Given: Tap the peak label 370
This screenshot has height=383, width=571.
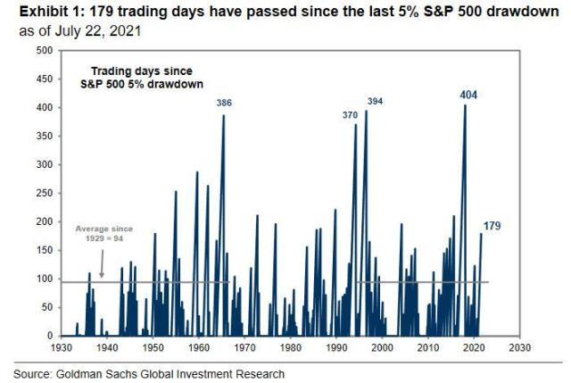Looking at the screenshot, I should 352,115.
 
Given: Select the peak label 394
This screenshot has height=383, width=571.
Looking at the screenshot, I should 375,102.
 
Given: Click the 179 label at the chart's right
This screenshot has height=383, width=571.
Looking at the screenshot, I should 492,226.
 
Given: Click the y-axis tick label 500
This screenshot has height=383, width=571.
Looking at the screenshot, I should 44,51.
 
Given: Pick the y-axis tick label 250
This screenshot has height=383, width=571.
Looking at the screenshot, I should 44,193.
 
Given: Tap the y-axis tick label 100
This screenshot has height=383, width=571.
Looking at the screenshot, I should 44,279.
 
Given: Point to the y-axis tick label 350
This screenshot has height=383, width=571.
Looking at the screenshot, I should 44,136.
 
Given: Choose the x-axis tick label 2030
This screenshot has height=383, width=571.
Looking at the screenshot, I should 521,346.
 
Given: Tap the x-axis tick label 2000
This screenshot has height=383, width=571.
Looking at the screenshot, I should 383,346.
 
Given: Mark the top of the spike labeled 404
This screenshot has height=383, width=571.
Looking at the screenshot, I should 465,105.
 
